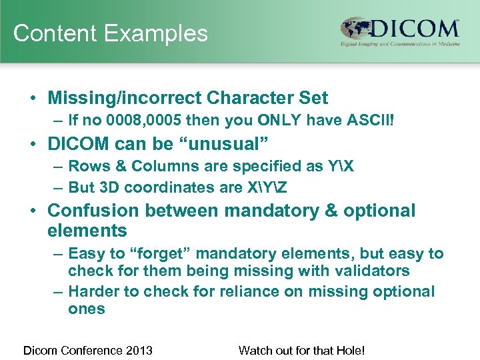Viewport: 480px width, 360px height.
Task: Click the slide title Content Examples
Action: click(111, 33)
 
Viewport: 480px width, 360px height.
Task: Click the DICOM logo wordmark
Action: click(414, 29)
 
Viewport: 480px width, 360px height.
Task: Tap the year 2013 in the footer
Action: click(139, 350)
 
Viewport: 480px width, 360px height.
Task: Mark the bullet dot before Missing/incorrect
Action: click(33, 99)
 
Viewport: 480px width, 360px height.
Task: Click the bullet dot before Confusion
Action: click(33, 211)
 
